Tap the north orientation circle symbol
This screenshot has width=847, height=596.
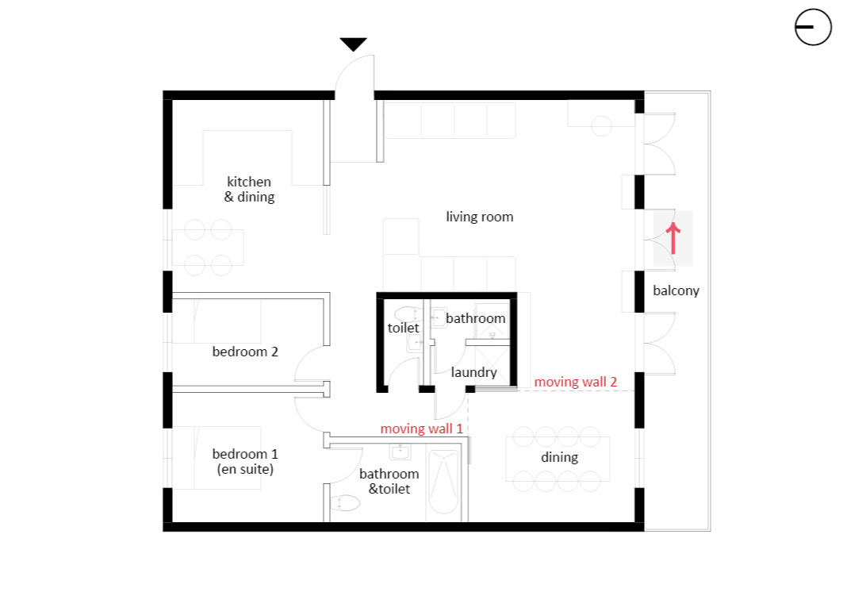pyautogui.click(x=813, y=27)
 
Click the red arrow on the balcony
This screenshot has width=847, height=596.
pyautogui.click(x=673, y=238)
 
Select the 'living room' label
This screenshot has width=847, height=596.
pyautogui.click(x=480, y=217)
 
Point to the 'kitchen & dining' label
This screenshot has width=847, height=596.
pyautogui.click(x=249, y=189)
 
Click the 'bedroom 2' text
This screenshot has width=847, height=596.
pyautogui.click(x=245, y=352)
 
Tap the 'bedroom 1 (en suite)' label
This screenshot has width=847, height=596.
pyautogui.click(x=245, y=461)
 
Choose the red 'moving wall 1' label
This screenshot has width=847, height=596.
pyautogui.click(x=421, y=429)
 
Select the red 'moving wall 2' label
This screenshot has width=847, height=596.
pyautogui.click(x=575, y=382)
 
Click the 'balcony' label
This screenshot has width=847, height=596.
pyautogui.click(x=676, y=290)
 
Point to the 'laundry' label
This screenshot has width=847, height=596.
pyautogui.click(x=473, y=372)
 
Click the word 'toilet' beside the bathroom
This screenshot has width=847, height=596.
pyautogui.click(x=403, y=328)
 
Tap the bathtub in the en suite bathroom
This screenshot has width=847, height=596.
pyautogui.click(x=443, y=483)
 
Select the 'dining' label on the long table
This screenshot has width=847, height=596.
pyautogui.click(x=560, y=457)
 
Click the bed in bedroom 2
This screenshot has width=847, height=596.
pyautogui.click(x=217, y=321)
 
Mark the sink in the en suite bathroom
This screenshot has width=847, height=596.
pyautogui.click(x=401, y=452)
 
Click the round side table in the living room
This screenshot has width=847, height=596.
pyautogui.click(x=601, y=126)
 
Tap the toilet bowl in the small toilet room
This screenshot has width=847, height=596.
pyautogui.click(x=409, y=314)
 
